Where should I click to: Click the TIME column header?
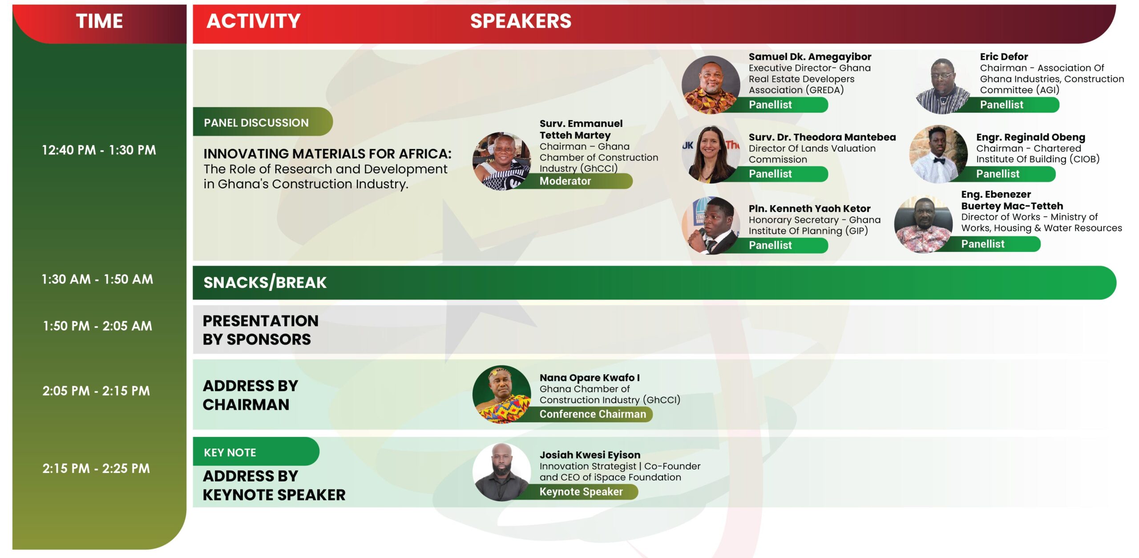(99, 21)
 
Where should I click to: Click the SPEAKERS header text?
(521, 21)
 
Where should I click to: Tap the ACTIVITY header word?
(254, 21)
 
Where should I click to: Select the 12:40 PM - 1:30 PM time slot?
(99, 150)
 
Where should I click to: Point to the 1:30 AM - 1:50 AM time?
(97, 279)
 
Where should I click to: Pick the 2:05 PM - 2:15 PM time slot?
(96, 391)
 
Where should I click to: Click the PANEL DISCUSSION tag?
(263, 122)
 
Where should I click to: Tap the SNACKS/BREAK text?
(265, 283)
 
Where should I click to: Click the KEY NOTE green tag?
(256, 452)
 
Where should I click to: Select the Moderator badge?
(574, 181)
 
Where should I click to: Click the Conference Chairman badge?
(587, 414)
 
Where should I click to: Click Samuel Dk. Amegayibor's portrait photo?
(711, 85)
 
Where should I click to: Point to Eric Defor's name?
(1004, 57)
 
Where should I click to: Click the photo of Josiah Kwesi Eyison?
(501, 472)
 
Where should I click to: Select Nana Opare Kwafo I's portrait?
(501, 394)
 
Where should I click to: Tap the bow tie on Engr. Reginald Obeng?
(939, 161)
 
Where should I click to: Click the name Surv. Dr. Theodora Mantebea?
(822, 137)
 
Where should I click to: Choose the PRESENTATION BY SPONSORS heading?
(261, 330)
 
